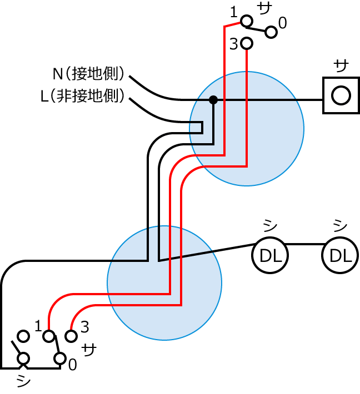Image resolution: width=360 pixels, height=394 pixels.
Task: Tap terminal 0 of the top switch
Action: pos(271,32)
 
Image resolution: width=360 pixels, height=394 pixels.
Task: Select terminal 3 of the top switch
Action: pos(247,43)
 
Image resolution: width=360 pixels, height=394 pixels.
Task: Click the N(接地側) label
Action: pos(88,74)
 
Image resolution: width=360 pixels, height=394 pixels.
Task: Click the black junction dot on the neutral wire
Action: pos(213,100)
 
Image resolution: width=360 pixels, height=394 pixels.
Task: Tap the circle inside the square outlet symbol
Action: pos(341,95)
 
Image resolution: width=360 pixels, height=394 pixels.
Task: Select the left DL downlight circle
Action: pos(270,256)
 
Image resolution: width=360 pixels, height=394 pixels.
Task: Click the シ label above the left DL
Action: pos(270,225)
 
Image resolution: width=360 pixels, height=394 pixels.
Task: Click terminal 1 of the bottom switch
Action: pos(49,336)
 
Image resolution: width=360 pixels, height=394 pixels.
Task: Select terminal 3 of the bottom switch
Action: pos(71,336)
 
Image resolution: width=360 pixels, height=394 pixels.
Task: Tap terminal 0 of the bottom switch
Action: pos(60,358)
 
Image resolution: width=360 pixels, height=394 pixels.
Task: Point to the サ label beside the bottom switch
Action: pos(89,350)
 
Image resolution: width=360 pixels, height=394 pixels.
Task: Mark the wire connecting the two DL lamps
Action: pos(305,244)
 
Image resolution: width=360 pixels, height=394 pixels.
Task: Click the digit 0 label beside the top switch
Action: pos(283,23)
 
